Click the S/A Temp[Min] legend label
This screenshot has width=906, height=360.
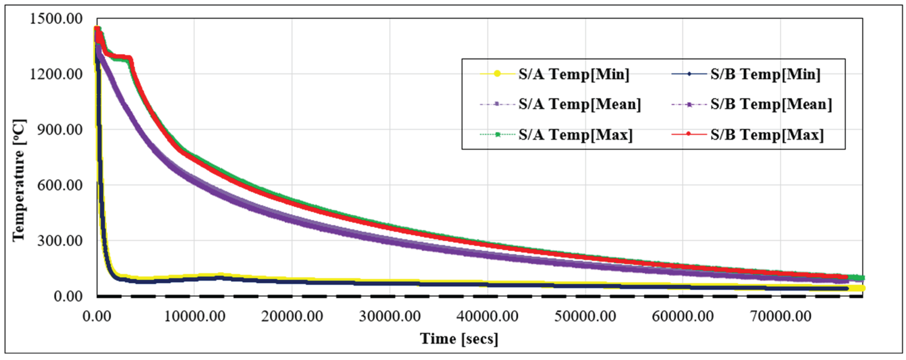click(574, 74)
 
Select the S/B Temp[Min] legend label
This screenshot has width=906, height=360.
click(765, 74)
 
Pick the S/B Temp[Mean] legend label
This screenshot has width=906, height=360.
click(771, 104)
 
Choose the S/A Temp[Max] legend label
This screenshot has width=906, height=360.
click(576, 135)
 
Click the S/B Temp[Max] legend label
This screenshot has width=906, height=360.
click(767, 135)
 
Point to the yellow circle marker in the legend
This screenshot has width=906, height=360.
click(497, 73)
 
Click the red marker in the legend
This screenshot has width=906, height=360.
click(688, 134)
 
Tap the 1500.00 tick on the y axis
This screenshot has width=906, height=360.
click(56, 19)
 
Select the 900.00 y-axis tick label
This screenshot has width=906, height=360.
click(60, 130)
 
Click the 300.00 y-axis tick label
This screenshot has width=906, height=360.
click(60, 241)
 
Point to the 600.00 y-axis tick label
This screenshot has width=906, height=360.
click(60, 185)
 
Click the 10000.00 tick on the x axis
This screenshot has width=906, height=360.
click(195, 316)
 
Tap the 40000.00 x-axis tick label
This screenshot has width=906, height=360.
click(487, 316)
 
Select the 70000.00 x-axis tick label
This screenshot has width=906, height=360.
click(780, 316)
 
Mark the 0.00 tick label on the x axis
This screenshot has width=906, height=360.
click(97, 316)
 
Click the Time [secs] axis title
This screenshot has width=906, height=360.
click(459, 339)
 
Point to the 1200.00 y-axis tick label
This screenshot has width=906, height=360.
click(56, 74)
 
